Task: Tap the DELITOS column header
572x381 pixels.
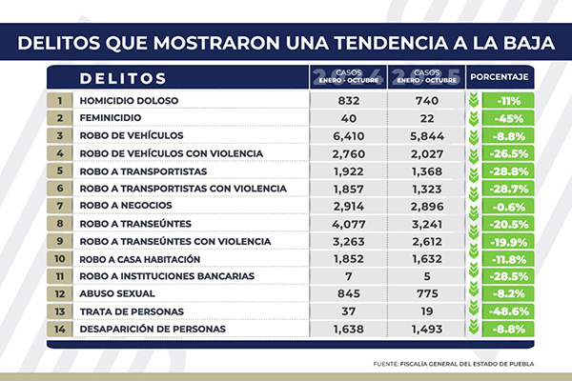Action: coord(123,77)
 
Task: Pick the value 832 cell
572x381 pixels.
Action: coord(348,100)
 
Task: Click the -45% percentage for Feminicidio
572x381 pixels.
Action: coord(506,117)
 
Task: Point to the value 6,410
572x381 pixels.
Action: coord(348,135)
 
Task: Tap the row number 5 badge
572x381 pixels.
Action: coord(59,170)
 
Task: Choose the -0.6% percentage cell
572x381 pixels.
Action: coord(506,207)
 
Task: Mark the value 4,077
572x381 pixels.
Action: coord(348,224)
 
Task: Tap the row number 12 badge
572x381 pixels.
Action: coord(59,294)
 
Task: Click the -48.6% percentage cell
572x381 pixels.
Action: coord(506,312)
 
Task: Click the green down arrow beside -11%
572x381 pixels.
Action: coord(474,100)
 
